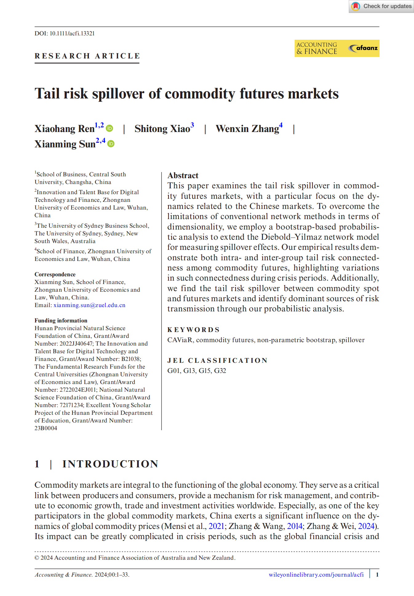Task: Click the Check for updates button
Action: pos(381,6)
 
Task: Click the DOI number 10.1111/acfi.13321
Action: pos(72,33)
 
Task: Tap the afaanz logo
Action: pos(363,48)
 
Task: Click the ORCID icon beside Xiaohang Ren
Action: pos(109,128)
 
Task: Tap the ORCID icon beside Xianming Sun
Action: pos(111,144)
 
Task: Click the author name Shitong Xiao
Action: pos(162,129)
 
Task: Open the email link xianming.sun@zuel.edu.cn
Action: pos(89,305)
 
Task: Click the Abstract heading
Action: pos(183,175)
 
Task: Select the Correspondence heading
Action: pos(55,274)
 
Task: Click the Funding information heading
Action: pos(61,320)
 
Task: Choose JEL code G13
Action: pos(189,371)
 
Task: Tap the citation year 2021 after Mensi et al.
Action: pos(216,526)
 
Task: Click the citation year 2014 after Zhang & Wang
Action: pos(295,526)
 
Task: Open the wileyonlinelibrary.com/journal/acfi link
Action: pos(316,574)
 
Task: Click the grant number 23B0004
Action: pos(46,428)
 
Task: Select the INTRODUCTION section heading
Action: pos(110,464)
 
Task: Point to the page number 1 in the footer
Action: pos(377,574)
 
